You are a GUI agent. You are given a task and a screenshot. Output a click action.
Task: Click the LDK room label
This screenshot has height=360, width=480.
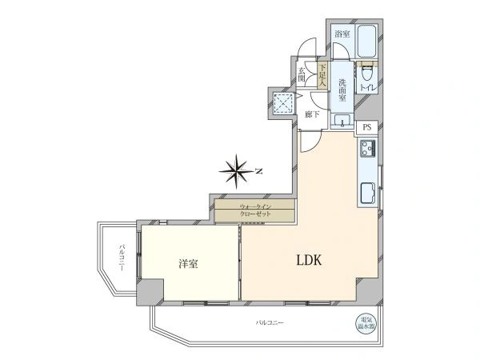point(309,260)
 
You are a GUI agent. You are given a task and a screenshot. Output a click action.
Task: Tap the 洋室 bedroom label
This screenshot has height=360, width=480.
point(188,263)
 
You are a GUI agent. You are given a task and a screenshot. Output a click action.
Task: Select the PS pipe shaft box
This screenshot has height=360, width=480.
point(367,127)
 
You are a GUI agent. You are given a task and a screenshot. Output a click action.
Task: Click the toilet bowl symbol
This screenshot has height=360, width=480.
point(366,75)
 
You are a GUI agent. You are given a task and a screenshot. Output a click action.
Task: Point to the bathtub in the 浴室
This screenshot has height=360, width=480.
point(367,41)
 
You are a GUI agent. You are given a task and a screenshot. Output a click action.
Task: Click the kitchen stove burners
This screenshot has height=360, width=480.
point(368,149)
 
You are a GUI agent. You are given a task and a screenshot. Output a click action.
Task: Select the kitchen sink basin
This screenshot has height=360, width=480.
point(368,193)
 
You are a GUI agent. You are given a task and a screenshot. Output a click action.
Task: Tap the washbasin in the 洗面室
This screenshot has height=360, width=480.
point(342,120)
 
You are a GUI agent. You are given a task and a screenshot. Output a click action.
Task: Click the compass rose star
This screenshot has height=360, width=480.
point(237,171)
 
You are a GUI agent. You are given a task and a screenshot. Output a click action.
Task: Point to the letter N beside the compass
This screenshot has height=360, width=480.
point(259,171)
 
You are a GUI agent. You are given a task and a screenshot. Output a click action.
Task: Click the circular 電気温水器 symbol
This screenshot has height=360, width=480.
point(366,323)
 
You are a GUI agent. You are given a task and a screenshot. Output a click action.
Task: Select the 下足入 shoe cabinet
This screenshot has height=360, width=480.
point(322,76)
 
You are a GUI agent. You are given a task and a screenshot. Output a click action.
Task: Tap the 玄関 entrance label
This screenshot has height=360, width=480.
point(302,74)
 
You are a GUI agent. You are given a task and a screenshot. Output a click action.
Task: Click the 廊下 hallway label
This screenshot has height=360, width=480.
point(312,114)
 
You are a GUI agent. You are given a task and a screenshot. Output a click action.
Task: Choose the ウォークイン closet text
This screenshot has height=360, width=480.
point(255,206)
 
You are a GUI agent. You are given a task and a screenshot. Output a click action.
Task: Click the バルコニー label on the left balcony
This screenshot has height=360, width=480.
point(122,258)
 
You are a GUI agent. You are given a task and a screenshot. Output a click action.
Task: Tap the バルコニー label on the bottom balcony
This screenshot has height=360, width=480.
point(270,322)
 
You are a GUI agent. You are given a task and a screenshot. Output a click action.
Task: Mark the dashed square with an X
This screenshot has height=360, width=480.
point(284,103)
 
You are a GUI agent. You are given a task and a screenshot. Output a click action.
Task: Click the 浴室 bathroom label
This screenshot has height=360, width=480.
point(342,34)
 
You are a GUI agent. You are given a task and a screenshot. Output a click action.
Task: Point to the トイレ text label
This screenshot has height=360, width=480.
point(366,87)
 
